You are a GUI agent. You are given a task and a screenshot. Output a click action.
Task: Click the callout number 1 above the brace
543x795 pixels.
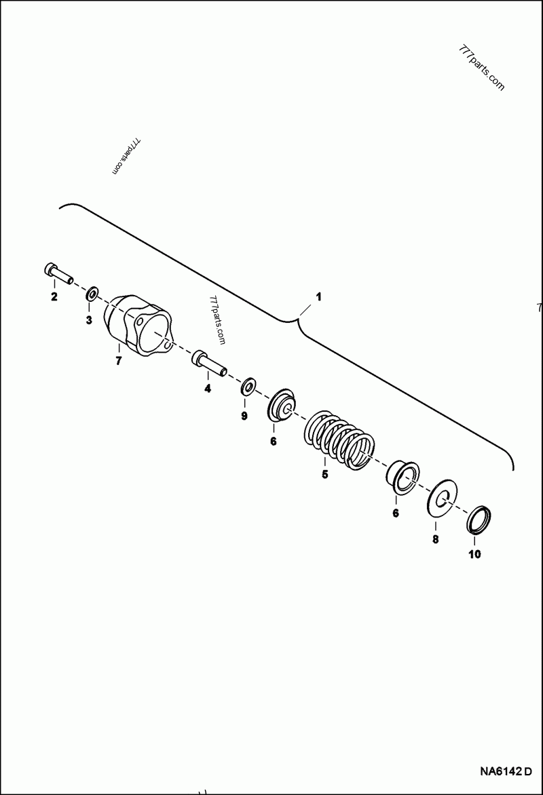(x=319, y=297)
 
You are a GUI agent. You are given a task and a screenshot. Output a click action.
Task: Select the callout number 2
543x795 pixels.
(x=54, y=296)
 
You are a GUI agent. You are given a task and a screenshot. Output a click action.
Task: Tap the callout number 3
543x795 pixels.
(x=88, y=320)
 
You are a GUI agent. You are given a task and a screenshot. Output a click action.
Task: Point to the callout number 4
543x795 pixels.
(x=208, y=389)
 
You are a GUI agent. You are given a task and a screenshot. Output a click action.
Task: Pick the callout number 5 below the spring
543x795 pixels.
(x=324, y=475)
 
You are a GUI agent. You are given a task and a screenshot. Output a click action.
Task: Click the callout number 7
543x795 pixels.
(x=118, y=362)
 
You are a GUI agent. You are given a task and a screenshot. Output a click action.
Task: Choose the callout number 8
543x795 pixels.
(x=436, y=539)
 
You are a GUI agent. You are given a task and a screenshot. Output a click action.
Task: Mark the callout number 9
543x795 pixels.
(x=244, y=416)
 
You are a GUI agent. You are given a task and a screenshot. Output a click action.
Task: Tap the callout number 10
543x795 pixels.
(x=474, y=554)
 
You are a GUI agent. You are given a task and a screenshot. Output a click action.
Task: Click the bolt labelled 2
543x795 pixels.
(x=58, y=273)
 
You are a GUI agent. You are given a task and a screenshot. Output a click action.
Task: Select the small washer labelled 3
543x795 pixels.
(x=91, y=294)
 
